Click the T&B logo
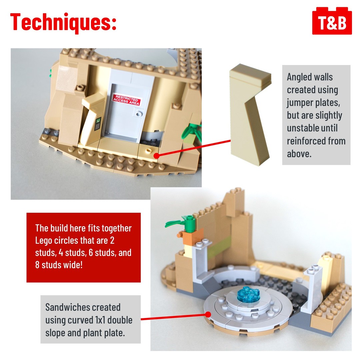pos(332,21)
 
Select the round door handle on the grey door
pos(139,113)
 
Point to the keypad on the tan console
pos(98,124)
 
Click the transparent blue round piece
pos(249,294)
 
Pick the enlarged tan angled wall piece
pos(250,115)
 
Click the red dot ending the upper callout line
pos(156,156)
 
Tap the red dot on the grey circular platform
pos(208,315)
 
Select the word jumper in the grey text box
pos(300,103)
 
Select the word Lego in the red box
pos(43,241)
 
